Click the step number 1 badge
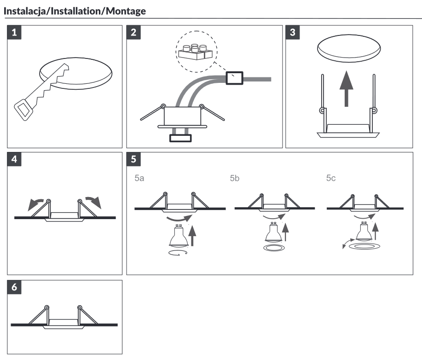pos(14,32)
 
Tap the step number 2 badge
pos(133,32)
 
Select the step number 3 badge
pos(293,32)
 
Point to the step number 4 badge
pos(14,159)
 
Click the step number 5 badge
pos(133,159)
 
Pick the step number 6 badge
pos(14,287)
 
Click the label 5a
pos(139,178)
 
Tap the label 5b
pos(235,178)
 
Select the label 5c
pos(331,178)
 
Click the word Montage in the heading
pos(126,12)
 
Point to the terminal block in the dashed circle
pos(196,52)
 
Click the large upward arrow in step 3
pos(347,88)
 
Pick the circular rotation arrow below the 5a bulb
pos(178,253)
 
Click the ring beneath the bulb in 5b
pos(274,248)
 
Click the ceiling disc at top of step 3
pos(349,48)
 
